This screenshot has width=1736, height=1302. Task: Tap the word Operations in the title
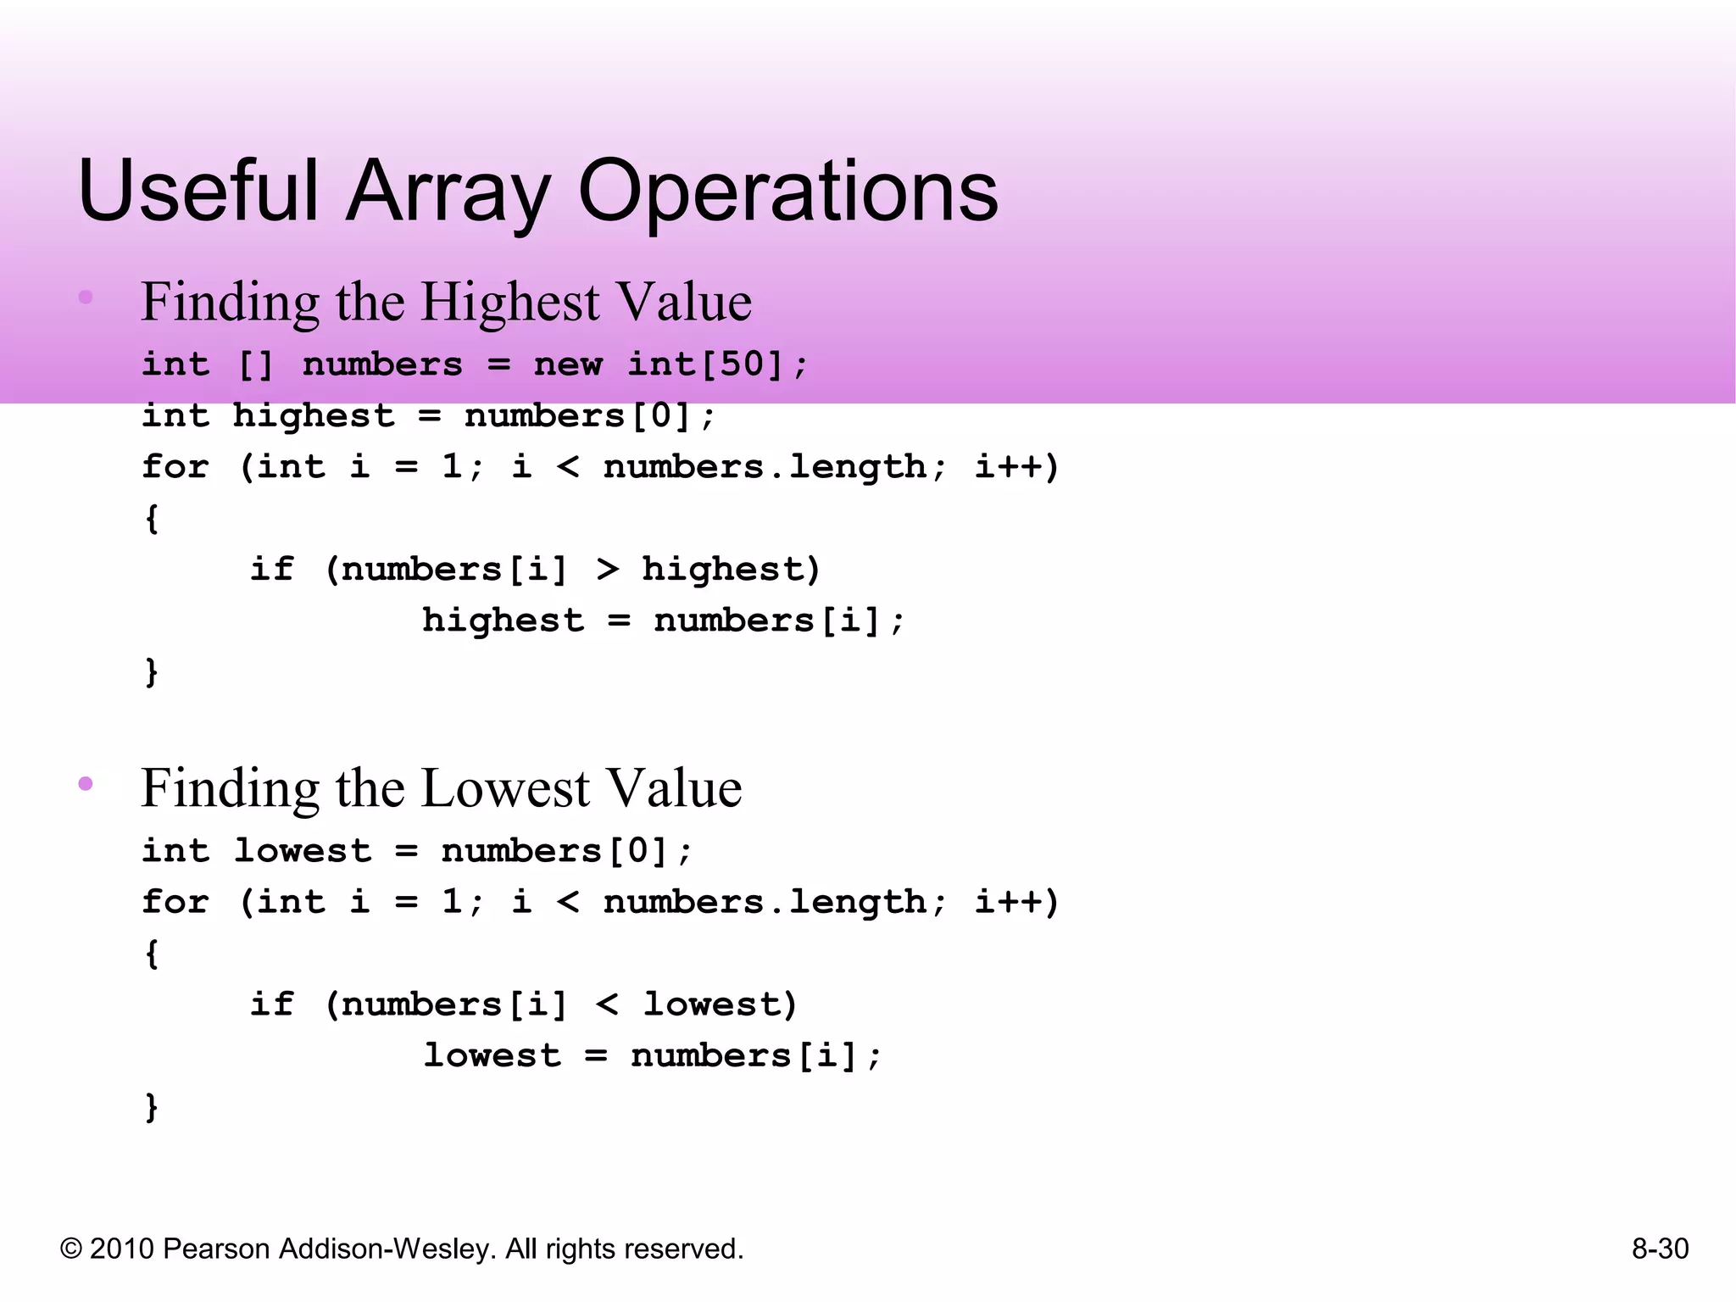(787, 193)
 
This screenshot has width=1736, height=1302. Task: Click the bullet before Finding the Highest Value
(86, 297)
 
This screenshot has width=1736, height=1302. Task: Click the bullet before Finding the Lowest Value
(86, 783)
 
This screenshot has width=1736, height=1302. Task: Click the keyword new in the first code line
(568, 364)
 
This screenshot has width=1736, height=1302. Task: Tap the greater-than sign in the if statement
(607, 570)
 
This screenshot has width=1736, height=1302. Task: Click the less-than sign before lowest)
(607, 1004)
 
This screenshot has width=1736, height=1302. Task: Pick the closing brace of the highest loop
(152, 672)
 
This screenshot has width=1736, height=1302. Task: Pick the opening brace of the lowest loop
(152, 954)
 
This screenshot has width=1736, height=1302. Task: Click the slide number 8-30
(1660, 1249)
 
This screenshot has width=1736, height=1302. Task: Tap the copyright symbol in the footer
(71, 1249)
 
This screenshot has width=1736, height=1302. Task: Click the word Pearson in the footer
(216, 1249)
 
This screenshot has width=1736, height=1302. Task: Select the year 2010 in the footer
(122, 1249)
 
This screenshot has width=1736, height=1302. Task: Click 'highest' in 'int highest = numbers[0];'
(314, 416)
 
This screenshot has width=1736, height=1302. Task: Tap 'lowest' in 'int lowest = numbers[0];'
(303, 851)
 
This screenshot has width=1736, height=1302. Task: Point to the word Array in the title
(448, 193)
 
